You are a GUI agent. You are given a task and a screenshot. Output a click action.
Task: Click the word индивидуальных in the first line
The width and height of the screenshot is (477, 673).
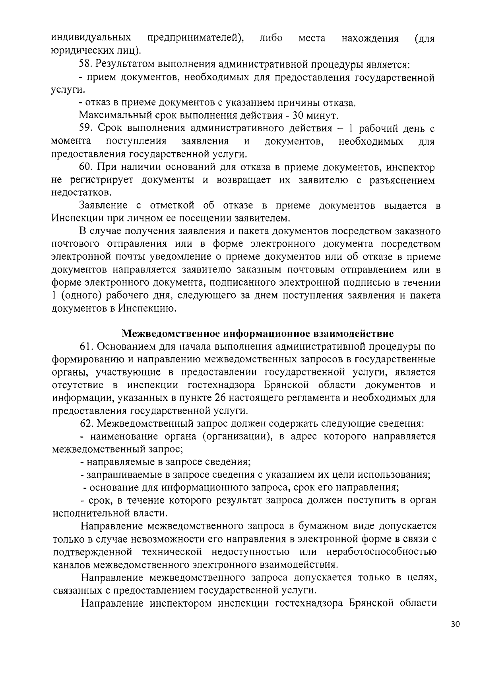[92, 38]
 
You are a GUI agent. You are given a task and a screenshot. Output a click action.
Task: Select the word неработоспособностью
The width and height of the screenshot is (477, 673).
[381, 552]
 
